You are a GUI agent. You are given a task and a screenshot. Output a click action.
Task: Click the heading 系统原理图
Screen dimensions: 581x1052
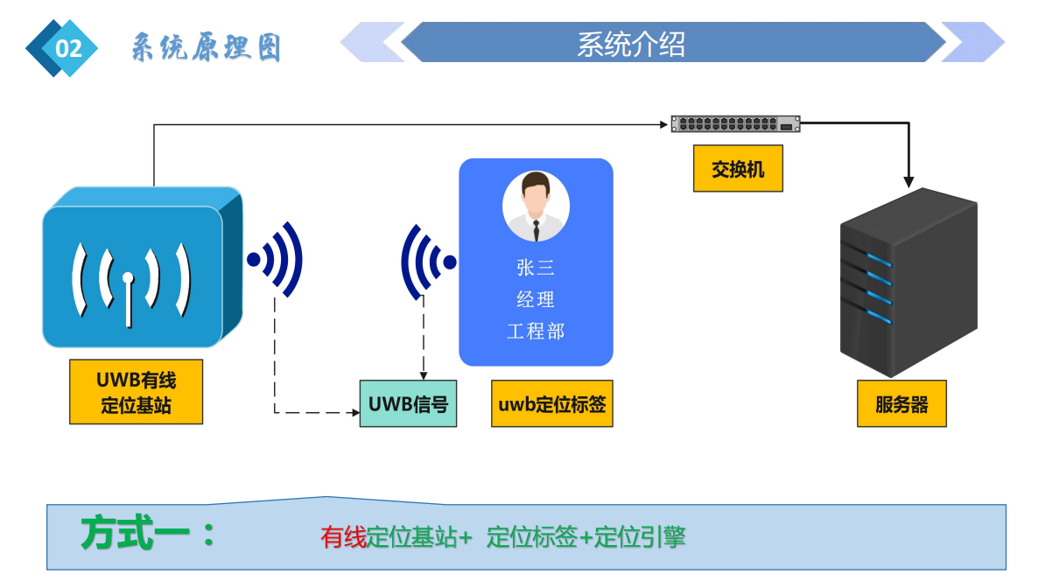206,47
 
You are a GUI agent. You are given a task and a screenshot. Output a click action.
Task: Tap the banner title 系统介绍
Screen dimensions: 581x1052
630,44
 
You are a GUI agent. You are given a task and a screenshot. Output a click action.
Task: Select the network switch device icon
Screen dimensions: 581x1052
735,123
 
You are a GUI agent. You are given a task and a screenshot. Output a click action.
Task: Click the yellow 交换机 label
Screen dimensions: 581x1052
738,169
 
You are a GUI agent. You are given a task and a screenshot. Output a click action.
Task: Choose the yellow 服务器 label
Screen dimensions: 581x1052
901,404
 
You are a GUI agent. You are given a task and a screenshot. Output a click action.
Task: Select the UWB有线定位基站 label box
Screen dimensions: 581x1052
136,392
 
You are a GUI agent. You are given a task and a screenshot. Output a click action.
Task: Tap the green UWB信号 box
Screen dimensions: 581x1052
408,404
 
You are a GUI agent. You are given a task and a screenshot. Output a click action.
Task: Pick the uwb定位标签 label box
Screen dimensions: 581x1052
551,404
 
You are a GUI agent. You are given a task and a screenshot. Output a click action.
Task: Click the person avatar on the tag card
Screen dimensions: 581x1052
536,206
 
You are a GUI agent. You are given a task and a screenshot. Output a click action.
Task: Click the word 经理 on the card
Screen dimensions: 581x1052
536,299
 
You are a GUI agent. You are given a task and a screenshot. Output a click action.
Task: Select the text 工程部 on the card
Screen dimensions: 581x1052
536,331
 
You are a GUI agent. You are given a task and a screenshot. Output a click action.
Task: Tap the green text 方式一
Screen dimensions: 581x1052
146,534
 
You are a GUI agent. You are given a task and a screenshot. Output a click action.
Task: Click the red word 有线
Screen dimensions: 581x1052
343,537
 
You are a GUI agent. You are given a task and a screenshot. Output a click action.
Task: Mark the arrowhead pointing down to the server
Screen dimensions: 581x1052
908,182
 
